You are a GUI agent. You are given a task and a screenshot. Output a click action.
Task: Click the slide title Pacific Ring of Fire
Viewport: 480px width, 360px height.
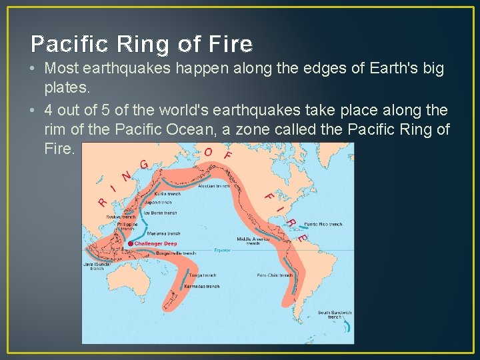tap(142, 44)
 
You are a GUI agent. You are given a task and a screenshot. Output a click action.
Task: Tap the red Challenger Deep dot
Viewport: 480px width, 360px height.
tap(130, 244)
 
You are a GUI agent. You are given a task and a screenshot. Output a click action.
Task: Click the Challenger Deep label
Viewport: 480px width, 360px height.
tap(155, 244)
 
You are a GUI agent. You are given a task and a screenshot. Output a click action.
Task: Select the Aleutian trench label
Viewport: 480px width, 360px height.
tap(215, 187)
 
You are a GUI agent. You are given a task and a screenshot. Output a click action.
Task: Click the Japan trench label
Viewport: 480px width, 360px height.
tap(159, 203)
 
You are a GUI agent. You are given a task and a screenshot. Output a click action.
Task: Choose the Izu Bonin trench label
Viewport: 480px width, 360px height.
tap(161, 213)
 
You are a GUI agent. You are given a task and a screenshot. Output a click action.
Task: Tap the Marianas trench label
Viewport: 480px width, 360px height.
tap(165, 234)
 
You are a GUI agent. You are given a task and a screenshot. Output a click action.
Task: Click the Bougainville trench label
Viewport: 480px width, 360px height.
tap(175, 253)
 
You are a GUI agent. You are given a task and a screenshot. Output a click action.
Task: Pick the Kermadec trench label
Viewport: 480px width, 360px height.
tap(203, 287)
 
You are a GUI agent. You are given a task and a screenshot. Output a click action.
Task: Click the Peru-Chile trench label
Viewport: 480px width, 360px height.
tap(275, 275)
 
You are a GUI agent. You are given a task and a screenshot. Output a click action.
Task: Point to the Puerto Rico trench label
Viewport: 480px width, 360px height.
tap(323, 225)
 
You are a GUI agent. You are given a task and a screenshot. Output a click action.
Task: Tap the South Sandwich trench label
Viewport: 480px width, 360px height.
tap(334, 315)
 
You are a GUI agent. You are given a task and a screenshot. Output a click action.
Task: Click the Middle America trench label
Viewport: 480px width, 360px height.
tap(253, 241)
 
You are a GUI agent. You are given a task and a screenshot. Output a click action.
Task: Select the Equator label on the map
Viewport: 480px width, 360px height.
tap(222, 251)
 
